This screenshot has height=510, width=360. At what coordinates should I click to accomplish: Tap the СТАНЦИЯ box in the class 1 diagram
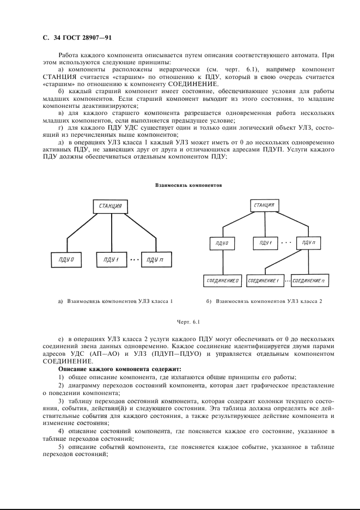111,207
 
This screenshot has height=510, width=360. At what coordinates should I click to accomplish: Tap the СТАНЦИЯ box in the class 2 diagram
264,205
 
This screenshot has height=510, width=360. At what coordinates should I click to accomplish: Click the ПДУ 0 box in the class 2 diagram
222,242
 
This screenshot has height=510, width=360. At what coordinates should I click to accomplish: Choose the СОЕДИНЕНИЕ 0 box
222,281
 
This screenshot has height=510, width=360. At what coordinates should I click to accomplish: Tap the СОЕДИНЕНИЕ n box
308,281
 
